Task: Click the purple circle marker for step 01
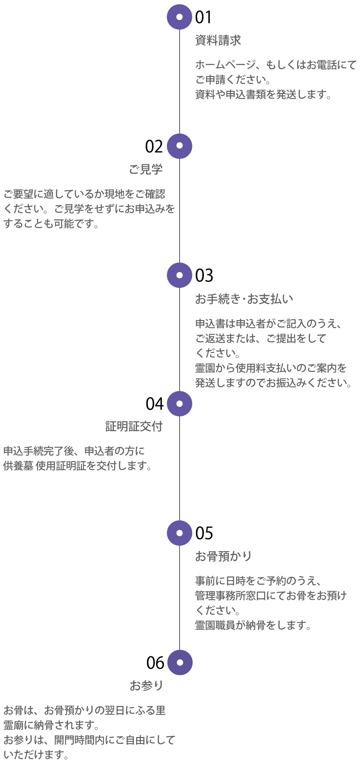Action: pos(180,17)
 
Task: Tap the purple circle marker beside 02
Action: pos(180,146)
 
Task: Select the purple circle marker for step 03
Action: pos(180,275)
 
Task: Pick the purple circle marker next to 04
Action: pos(180,404)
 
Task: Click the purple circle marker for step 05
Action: pos(180,533)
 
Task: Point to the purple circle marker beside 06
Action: pos(180,662)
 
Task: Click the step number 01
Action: pos(204,17)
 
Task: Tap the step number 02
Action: pos(154,147)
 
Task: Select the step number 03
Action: pos(204,276)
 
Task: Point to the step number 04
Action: pos(155,404)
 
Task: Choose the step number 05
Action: pos(204,533)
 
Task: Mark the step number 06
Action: pos(155,663)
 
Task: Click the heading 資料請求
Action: pos(218,40)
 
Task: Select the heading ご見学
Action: pos(146,169)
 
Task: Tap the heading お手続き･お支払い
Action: pos(244,299)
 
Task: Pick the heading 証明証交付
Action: pos(134,426)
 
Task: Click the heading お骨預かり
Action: pos(223,556)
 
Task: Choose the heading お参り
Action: pos(146,685)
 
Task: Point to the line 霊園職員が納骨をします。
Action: pos(253,625)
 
